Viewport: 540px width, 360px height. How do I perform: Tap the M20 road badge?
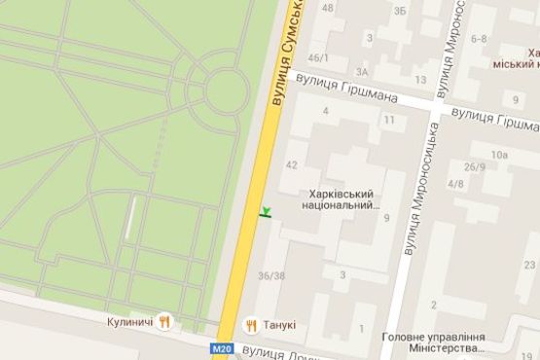click(x=222, y=347)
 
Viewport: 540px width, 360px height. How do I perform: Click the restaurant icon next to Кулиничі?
click(x=165, y=320)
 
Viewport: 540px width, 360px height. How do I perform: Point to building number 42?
click(x=291, y=164)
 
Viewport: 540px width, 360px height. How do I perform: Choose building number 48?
click(x=327, y=8)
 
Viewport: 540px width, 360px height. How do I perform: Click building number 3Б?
click(x=400, y=12)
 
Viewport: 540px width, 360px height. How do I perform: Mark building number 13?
click(x=420, y=80)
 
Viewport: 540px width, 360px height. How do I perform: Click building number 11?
click(x=388, y=120)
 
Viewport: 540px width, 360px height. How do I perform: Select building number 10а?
click(x=499, y=154)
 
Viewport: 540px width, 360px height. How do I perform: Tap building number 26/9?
click(x=475, y=166)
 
